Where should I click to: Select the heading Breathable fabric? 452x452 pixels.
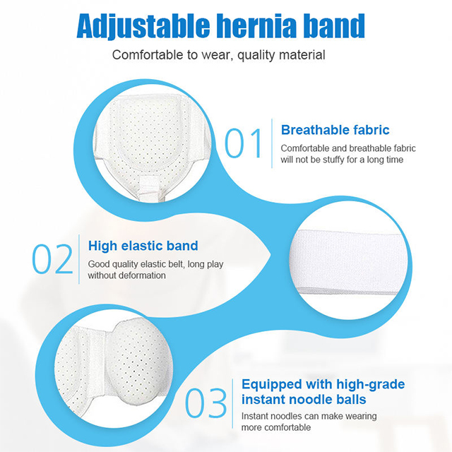click(335, 130)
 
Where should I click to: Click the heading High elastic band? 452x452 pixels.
click(143, 246)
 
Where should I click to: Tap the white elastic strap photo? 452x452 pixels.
click(353, 261)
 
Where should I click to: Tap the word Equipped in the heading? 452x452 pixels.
click(274, 384)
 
